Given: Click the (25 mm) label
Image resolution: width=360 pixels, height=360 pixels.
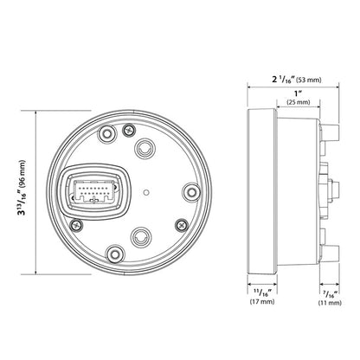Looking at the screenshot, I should [x=298, y=103].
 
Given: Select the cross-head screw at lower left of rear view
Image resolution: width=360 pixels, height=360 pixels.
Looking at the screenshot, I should [x=76, y=224].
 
